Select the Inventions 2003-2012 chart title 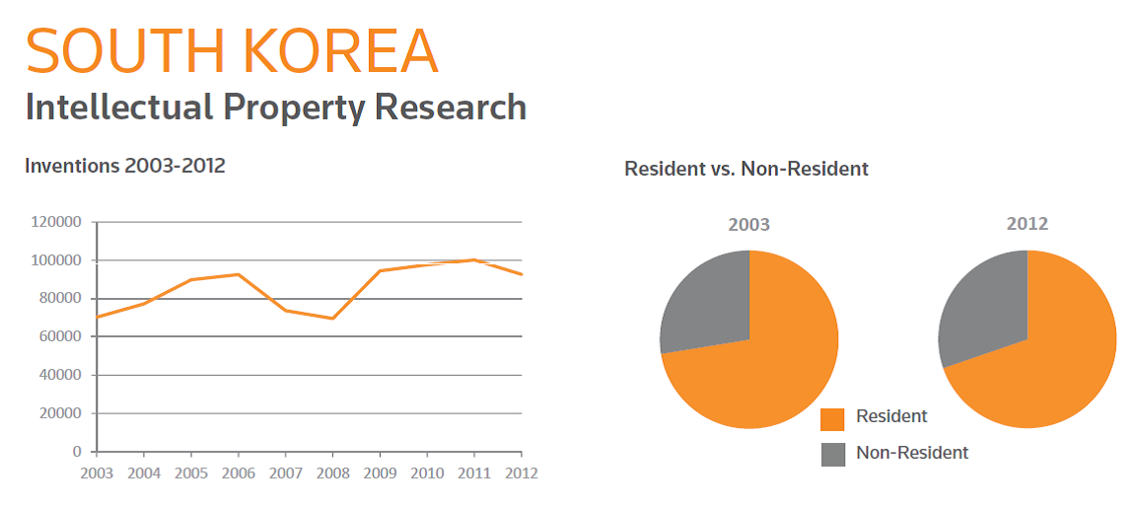[125, 166]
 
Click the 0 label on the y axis [77, 452]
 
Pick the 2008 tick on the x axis [332, 473]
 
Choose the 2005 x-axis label [191, 473]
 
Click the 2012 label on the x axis [521, 473]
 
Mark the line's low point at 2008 [332, 318]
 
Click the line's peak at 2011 [474, 259]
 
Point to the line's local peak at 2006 [238, 274]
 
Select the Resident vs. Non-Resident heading [746, 169]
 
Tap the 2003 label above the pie [748, 224]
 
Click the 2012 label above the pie [1027, 224]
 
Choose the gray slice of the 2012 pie [983, 301]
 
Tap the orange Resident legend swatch [833, 418]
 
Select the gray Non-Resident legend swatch [833, 454]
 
